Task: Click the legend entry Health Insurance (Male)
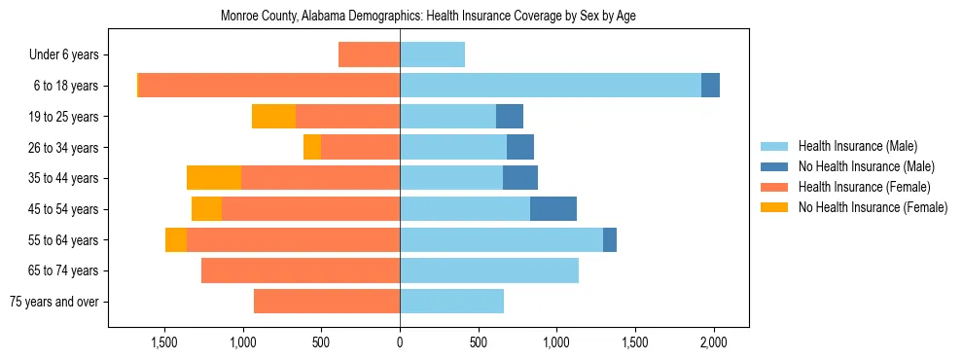(857, 146)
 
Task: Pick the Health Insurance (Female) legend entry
(864, 187)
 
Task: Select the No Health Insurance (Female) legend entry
(873, 207)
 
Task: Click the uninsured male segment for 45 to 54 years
(553, 209)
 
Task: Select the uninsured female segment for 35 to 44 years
(214, 178)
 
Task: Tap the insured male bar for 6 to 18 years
(550, 86)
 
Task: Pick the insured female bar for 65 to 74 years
(301, 270)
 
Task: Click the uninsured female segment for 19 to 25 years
(273, 117)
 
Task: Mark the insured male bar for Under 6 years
(432, 54)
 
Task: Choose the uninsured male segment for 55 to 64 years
(610, 239)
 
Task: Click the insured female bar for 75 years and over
(327, 302)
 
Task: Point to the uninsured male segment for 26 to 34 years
(520, 147)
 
